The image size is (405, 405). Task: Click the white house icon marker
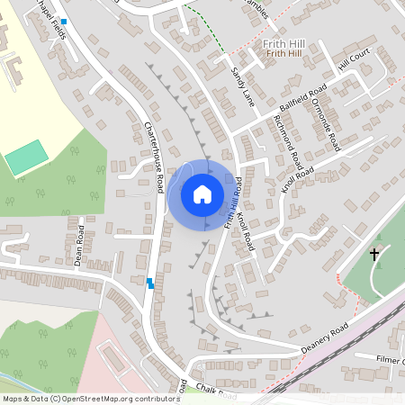coord(202,194)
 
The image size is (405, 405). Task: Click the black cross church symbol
coord(374,255)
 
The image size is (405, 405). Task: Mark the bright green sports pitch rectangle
coord(26,158)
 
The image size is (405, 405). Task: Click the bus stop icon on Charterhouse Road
coord(150,283)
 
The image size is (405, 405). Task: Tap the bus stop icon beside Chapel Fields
coord(64,21)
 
